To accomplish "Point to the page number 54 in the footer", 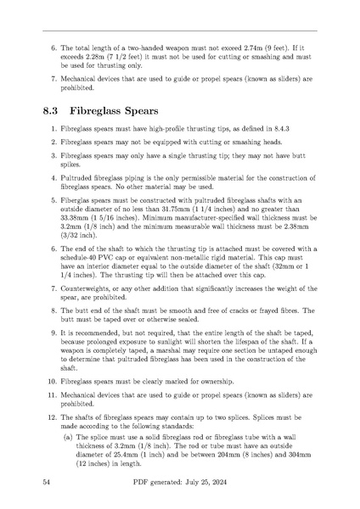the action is (x=48, y=481).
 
